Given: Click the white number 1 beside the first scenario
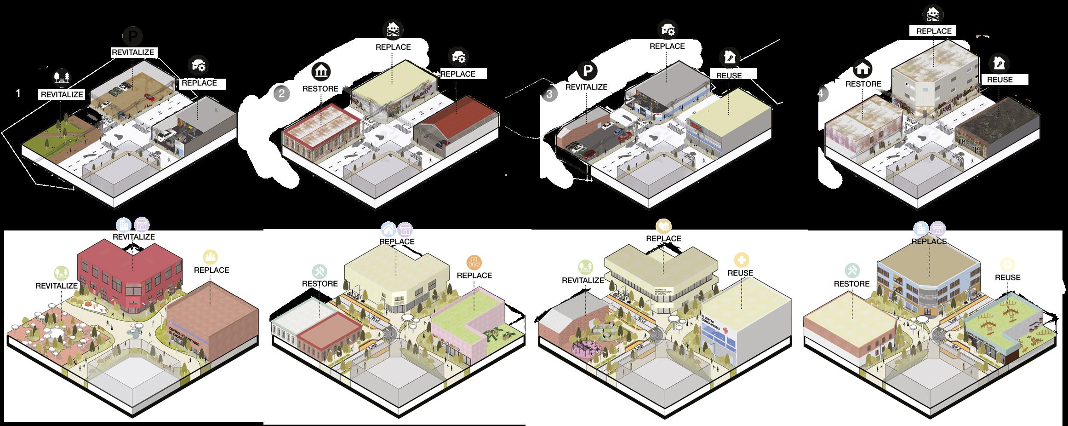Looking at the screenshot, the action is click(18, 93).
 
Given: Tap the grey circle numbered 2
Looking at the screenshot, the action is click(282, 94).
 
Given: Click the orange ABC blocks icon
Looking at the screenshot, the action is click(474, 262).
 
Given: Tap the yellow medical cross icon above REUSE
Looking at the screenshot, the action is click(741, 260).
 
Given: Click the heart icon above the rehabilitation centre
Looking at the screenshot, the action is click(663, 225).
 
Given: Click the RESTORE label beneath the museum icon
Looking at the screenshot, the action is click(320, 89).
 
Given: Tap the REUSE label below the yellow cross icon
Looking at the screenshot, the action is click(740, 273).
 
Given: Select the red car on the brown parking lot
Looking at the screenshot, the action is click(149, 97).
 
